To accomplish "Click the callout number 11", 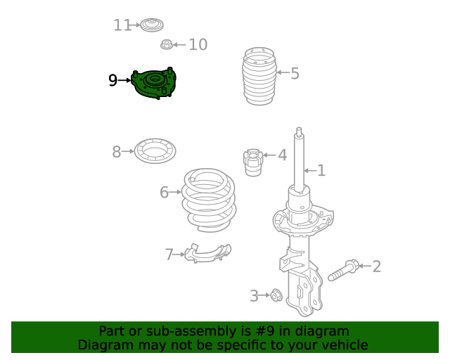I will point(122,25).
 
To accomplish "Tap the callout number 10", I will point(198,45).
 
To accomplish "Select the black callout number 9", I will point(113,81).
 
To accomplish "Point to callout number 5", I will point(295,73).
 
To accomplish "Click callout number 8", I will point(117,151).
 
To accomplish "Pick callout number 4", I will point(282,155).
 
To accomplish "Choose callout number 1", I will point(321,170).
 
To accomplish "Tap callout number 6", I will point(164,192).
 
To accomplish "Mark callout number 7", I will point(169,255).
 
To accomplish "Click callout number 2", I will point(376,266).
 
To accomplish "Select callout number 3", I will point(254,296).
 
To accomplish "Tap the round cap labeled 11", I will point(151,26).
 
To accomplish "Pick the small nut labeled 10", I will point(167,46).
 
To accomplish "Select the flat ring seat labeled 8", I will point(155,151).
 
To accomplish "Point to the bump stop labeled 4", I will point(252,162).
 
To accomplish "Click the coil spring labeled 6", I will point(209,200).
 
